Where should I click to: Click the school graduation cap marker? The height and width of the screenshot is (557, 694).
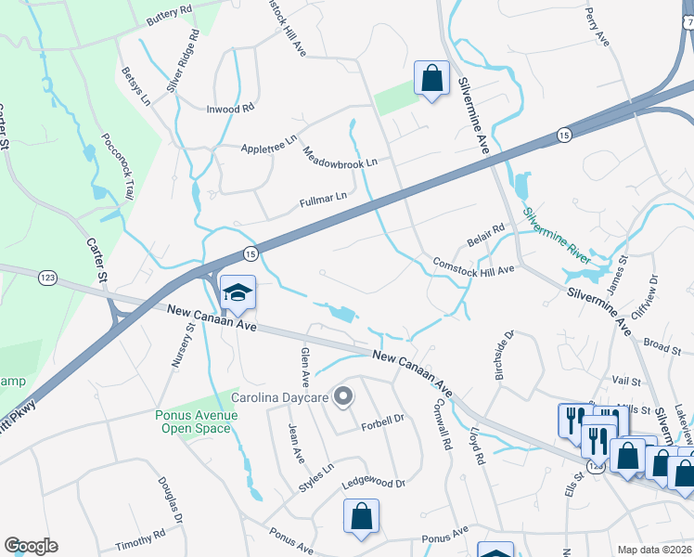point(238,293)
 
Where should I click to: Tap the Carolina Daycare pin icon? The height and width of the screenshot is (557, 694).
point(343,397)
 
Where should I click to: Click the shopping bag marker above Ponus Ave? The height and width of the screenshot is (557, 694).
point(360,516)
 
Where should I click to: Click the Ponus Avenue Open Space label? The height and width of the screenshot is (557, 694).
point(197,421)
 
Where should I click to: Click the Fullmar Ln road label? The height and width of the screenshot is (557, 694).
point(323,197)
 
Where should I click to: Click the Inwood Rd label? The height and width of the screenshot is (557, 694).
point(229,109)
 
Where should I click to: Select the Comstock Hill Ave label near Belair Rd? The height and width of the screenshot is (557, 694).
point(473,266)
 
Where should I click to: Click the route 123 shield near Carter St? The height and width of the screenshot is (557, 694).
point(48,277)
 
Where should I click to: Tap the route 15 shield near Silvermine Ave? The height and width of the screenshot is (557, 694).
point(562,135)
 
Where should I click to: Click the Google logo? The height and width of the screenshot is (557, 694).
point(31,546)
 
